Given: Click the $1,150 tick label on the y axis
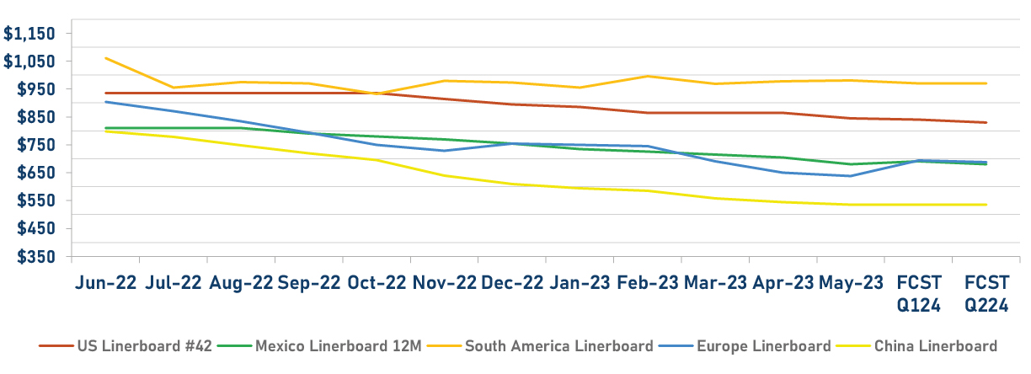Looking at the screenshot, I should [29, 34].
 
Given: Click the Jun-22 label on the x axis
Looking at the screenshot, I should [105, 282].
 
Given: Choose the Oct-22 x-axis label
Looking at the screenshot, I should [377, 282].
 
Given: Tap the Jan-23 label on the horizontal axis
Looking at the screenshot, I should [580, 282].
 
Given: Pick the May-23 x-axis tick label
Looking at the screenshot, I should [852, 282].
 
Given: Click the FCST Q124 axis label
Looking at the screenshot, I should [919, 293].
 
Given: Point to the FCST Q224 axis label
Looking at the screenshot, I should [986, 293].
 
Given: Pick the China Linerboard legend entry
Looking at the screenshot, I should [935, 346].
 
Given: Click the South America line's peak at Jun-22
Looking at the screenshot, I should [105, 58].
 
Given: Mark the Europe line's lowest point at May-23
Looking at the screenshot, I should [852, 176].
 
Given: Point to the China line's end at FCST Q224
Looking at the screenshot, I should [986, 205].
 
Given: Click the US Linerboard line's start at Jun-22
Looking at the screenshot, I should [105, 93].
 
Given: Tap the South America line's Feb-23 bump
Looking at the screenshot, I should [647, 76].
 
